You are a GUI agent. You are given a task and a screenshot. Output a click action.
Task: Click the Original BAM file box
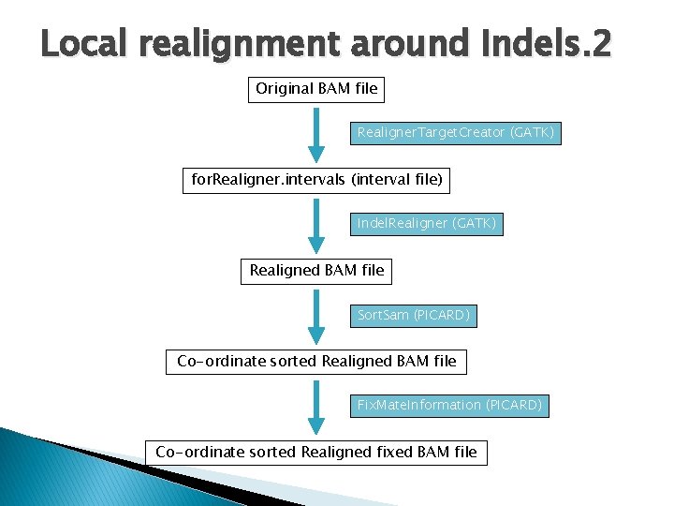pyautogui.click(x=316, y=89)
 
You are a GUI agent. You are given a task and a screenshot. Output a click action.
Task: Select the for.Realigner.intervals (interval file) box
pyautogui.click(x=316, y=179)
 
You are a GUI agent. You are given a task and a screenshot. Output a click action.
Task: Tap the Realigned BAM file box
pyautogui.click(x=316, y=271)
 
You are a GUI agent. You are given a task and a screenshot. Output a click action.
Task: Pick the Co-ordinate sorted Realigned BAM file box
pyautogui.click(x=316, y=361)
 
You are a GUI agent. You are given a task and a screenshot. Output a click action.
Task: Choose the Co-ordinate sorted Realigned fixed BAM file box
pyautogui.click(x=316, y=453)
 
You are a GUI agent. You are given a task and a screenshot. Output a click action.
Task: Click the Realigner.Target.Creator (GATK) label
pyautogui.click(x=455, y=133)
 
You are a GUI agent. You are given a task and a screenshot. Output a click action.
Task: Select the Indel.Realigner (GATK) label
pyautogui.click(x=427, y=224)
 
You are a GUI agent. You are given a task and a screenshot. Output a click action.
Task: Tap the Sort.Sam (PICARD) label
pyautogui.click(x=413, y=316)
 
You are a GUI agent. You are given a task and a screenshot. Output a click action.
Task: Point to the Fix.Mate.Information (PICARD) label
pyautogui.click(x=449, y=406)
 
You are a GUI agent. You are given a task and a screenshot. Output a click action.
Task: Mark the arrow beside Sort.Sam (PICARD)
pyautogui.click(x=317, y=316)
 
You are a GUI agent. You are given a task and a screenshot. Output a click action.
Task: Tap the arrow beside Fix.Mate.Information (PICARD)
pyautogui.click(x=317, y=407)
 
